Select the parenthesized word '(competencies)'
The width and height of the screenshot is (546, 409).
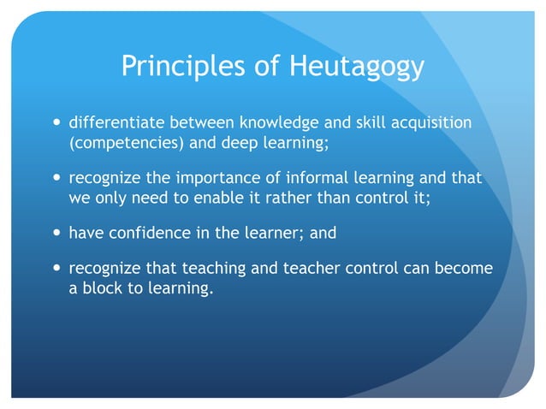(126, 143)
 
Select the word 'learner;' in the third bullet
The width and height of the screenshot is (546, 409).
(264, 233)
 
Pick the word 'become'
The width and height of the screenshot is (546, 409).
(464, 269)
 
